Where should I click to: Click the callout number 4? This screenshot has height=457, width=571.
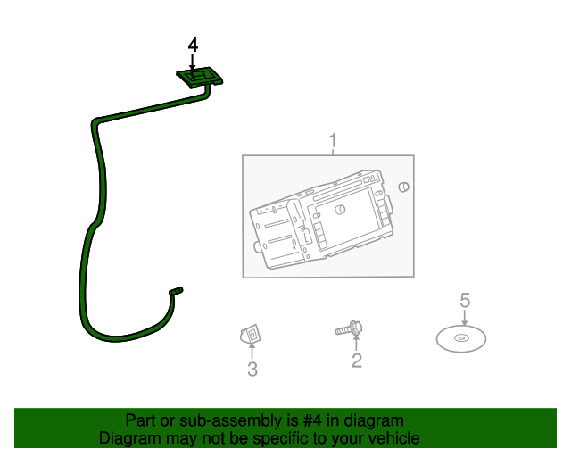[193, 45]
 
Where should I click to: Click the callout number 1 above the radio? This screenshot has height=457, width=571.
[333, 141]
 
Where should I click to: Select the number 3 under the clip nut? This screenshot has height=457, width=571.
[252, 369]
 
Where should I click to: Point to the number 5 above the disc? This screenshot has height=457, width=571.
[464, 300]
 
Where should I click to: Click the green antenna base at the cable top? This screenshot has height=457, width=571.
[201, 77]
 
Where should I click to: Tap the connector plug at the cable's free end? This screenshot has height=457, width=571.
[176, 292]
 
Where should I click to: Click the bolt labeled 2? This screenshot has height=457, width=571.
[349, 329]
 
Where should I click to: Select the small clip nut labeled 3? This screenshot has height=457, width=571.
[251, 336]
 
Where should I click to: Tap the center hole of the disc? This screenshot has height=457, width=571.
[460, 338]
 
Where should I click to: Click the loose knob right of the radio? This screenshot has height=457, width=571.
[403, 187]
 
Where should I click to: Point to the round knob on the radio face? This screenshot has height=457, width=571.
[341, 210]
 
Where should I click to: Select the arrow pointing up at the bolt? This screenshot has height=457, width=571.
[357, 344]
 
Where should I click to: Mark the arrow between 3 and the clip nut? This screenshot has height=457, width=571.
[252, 352]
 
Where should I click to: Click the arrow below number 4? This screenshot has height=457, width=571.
[193, 61]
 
